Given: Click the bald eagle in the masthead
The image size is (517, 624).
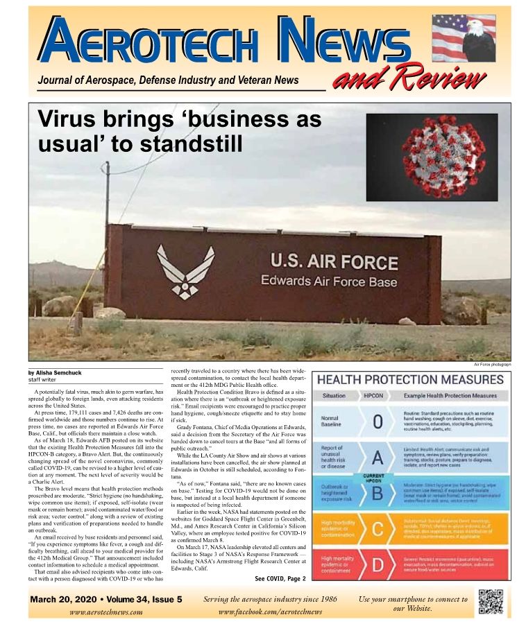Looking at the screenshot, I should click(x=480, y=42).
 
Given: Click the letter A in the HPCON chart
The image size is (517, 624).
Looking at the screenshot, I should click(x=378, y=458).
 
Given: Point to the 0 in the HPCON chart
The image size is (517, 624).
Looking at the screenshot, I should click(x=378, y=422).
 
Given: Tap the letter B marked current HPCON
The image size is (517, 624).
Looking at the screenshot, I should click(x=378, y=492).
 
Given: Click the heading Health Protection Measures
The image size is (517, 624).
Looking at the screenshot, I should click(x=410, y=380).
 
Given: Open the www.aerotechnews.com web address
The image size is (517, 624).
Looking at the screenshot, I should click(x=106, y=612).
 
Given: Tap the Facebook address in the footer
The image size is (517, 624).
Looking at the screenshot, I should click(x=271, y=612).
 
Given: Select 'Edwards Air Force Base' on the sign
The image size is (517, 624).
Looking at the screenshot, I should click(x=329, y=281).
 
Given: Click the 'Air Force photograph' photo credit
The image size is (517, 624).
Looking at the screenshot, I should click(x=492, y=364).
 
